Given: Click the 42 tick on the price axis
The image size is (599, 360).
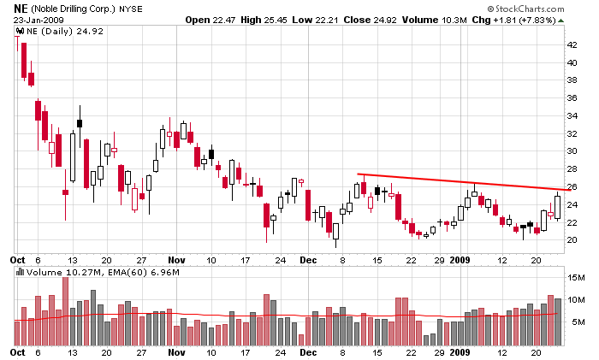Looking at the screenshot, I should coord(572,44).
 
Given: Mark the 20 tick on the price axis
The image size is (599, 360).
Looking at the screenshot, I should coord(572,240).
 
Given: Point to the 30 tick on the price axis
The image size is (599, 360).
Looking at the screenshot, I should coord(572,151).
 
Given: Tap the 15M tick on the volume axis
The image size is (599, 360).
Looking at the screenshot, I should coord(574,278).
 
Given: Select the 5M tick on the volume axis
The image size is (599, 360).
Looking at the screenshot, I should coord(572,322).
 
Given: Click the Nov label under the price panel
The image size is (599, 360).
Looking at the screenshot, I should coord(176,258).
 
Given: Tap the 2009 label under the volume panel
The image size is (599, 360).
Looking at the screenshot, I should coord(461,352).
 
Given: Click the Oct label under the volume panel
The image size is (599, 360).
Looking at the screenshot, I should coord(18,352).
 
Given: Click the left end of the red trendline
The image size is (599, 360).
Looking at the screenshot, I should coord(358,174).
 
